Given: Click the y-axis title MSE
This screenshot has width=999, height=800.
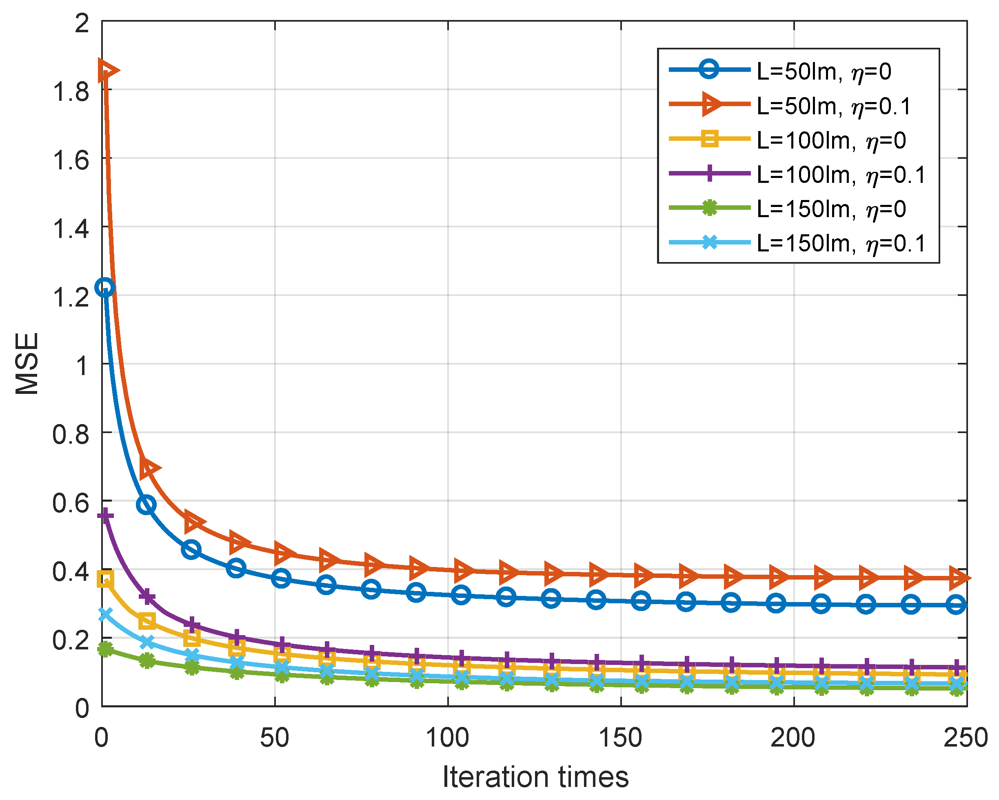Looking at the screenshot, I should (27, 364).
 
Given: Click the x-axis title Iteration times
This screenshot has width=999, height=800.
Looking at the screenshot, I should (535, 777).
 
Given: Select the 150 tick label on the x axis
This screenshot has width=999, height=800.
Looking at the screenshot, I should (621, 738).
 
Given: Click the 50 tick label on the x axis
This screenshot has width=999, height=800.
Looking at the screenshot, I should (275, 738).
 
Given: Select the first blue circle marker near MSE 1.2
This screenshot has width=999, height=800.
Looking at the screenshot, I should (105, 287).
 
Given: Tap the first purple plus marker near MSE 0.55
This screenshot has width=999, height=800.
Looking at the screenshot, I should (105, 516).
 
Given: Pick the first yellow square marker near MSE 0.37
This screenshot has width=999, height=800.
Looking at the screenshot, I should (105, 579).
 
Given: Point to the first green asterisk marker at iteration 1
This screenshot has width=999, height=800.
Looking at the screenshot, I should (105, 649).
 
